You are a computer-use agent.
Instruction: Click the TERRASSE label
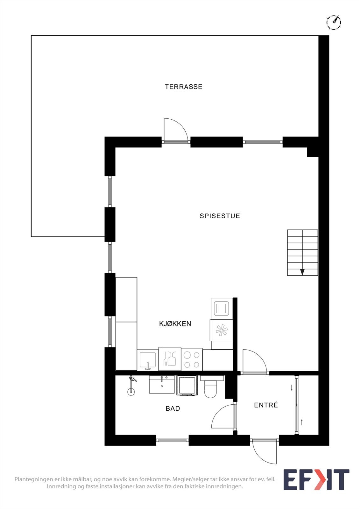pyautogui.click(x=183, y=87)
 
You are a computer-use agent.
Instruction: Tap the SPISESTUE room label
pyautogui.click(x=220, y=216)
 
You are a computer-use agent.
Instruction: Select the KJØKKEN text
pyautogui.click(x=175, y=324)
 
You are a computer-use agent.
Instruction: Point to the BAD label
pyautogui.click(x=173, y=408)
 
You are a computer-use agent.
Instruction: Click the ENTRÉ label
pyautogui.click(x=266, y=405)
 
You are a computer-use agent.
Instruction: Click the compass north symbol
pyautogui.click(x=334, y=22)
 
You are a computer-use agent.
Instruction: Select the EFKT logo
pyautogui.click(x=316, y=480)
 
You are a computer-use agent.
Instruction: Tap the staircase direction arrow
pyautogui.click(x=302, y=272)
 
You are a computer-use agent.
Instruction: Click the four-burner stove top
pyautogui.click(x=192, y=359)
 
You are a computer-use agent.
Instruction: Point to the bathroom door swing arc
pyautogui.click(x=223, y=416)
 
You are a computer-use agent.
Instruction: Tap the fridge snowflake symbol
pyautogui.click(x=222, y=330)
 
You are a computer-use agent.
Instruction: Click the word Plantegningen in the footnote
pyautogui.click(x=35, y=479)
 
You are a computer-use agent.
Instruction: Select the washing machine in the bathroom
pyautogui.click(x=187, y=385)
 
